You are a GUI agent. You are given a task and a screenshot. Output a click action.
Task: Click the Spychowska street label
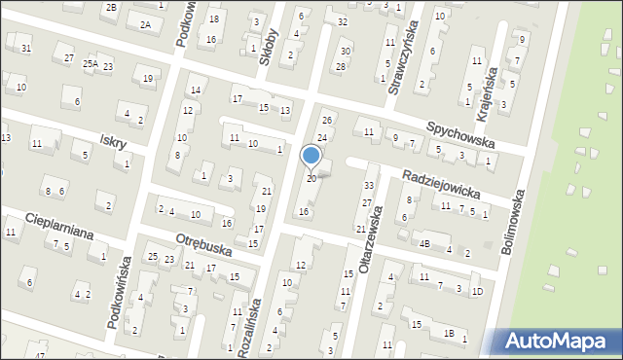[459, 134]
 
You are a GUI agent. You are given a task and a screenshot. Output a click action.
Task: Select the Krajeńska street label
[493, 86]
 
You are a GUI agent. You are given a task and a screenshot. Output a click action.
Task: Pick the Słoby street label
[272, 44]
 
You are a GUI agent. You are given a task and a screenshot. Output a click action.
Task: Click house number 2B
[111, 8]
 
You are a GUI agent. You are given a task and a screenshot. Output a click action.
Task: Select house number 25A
[90, 64]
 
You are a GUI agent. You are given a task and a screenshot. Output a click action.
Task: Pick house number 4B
[423, 243]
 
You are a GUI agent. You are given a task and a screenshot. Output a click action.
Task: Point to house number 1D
[476, 291]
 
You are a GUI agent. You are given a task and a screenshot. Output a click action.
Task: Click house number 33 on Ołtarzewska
[369, 185]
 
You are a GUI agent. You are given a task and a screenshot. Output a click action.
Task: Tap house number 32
[342, 21]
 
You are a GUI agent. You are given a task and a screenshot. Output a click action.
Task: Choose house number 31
[25, 49]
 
